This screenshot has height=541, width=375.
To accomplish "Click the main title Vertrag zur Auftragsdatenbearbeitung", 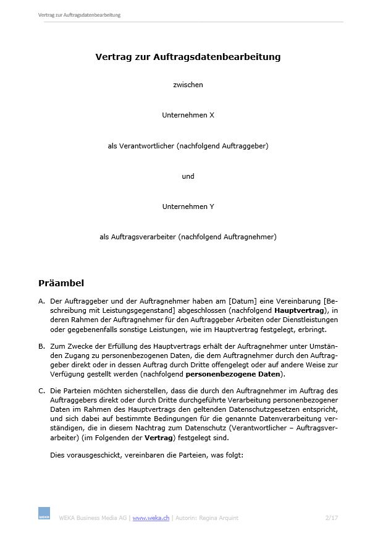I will click(x=188, y=57).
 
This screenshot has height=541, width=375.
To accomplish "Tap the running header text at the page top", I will click(x=79, y=15).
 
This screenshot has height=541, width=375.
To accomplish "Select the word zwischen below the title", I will click(x=188, y=85).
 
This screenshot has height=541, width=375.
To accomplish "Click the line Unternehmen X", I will click(x=188, y=115).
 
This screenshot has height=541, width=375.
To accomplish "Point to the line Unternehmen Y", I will click(x=188, y=206).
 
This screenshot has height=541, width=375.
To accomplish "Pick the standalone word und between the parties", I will click(x=188, y=176).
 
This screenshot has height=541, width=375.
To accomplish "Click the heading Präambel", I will click(x=61, y=283).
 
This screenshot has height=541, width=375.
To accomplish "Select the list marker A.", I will click(x=41, y=301).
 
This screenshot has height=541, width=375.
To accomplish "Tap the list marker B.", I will click(x=41, y=347).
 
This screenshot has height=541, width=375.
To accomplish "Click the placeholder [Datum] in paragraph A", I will click(x=245, y=301).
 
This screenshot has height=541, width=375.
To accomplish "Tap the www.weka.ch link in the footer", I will click(x=151, y=518).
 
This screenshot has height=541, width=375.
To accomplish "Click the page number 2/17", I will click(x=331, y=518).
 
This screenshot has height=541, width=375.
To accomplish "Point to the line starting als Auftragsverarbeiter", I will click(x=188, y=236).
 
